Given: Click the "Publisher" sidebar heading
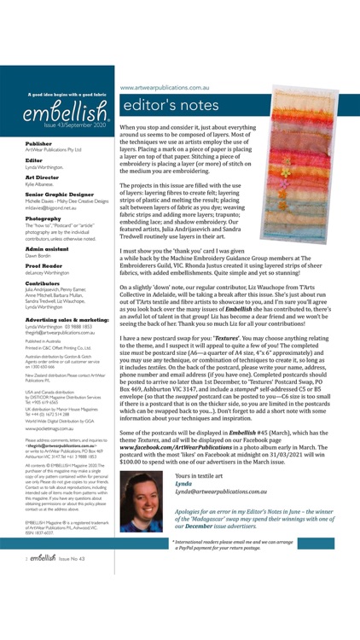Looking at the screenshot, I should coord(38,143).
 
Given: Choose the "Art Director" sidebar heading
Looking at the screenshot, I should coord(43,177).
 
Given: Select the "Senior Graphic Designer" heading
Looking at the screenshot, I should coord(56,194).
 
